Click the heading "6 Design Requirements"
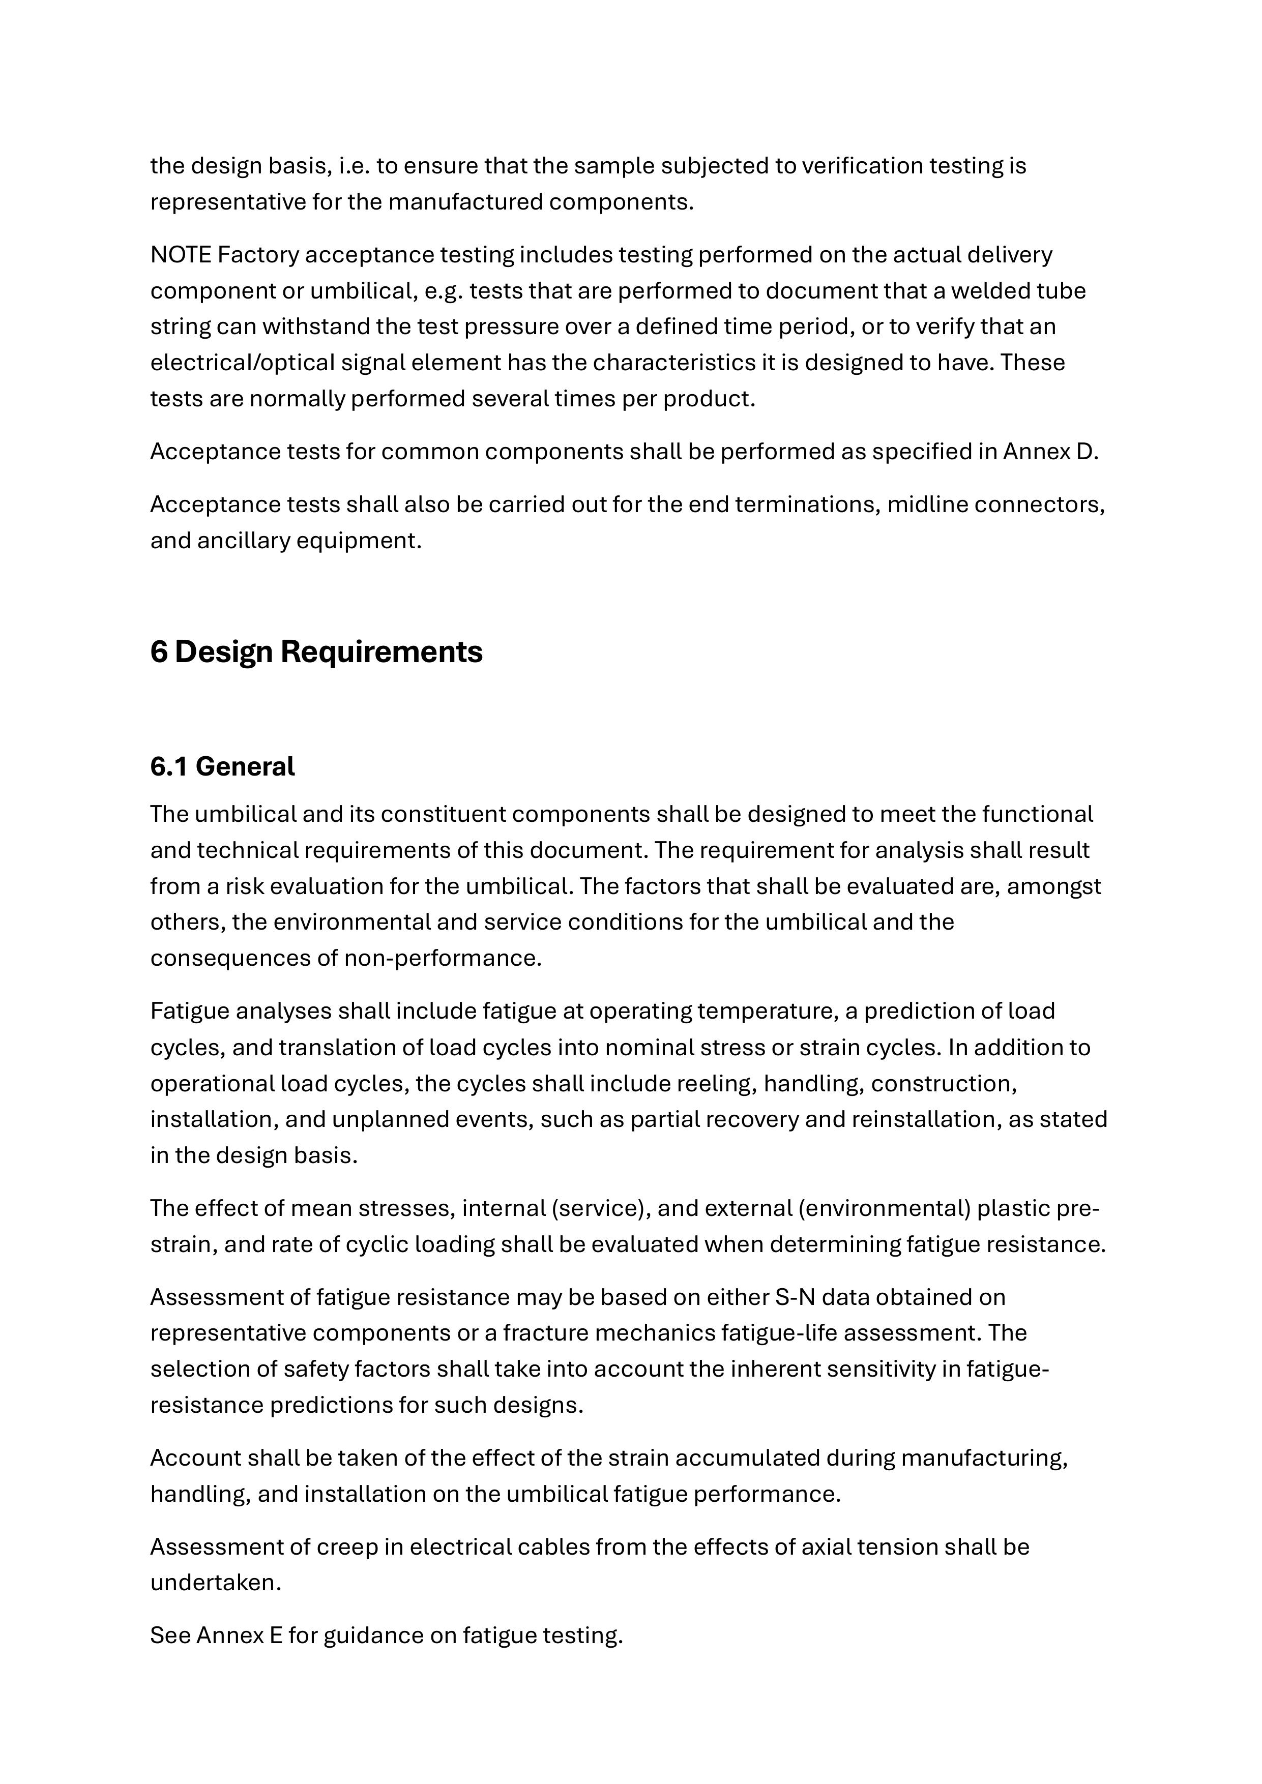[x=316, y=652]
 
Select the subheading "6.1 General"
[x=222, y=767]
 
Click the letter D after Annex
[x=1087, y=452]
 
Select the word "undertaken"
[x=215, y=1583]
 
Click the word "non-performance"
[x=442, y=958]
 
